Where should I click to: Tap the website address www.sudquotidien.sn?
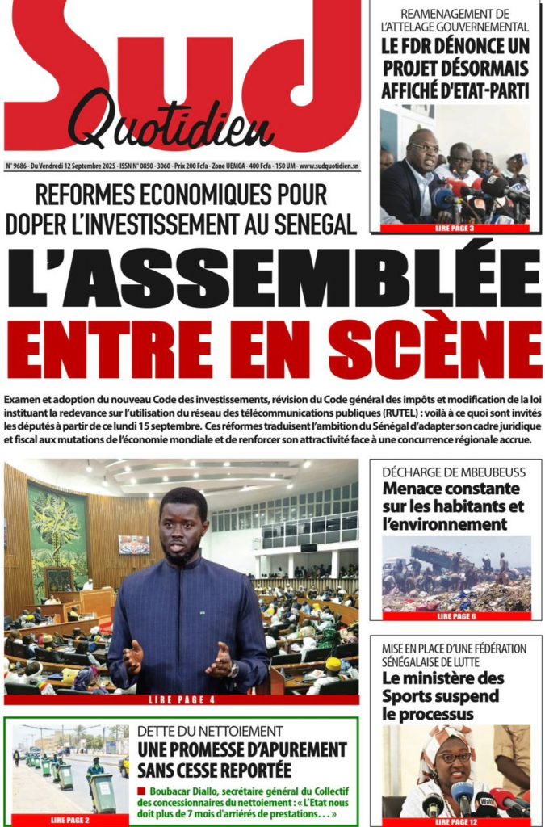tap(329, 165)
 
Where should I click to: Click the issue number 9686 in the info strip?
tap(18, 165)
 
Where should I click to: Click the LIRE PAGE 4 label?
tap(182, 699)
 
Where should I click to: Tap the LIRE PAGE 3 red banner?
tap(455, 229)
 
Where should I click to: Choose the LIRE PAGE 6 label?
tap(455, 615)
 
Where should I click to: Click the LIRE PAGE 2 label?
tap(69, 820)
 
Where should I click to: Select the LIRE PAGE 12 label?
tap(455, 821)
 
